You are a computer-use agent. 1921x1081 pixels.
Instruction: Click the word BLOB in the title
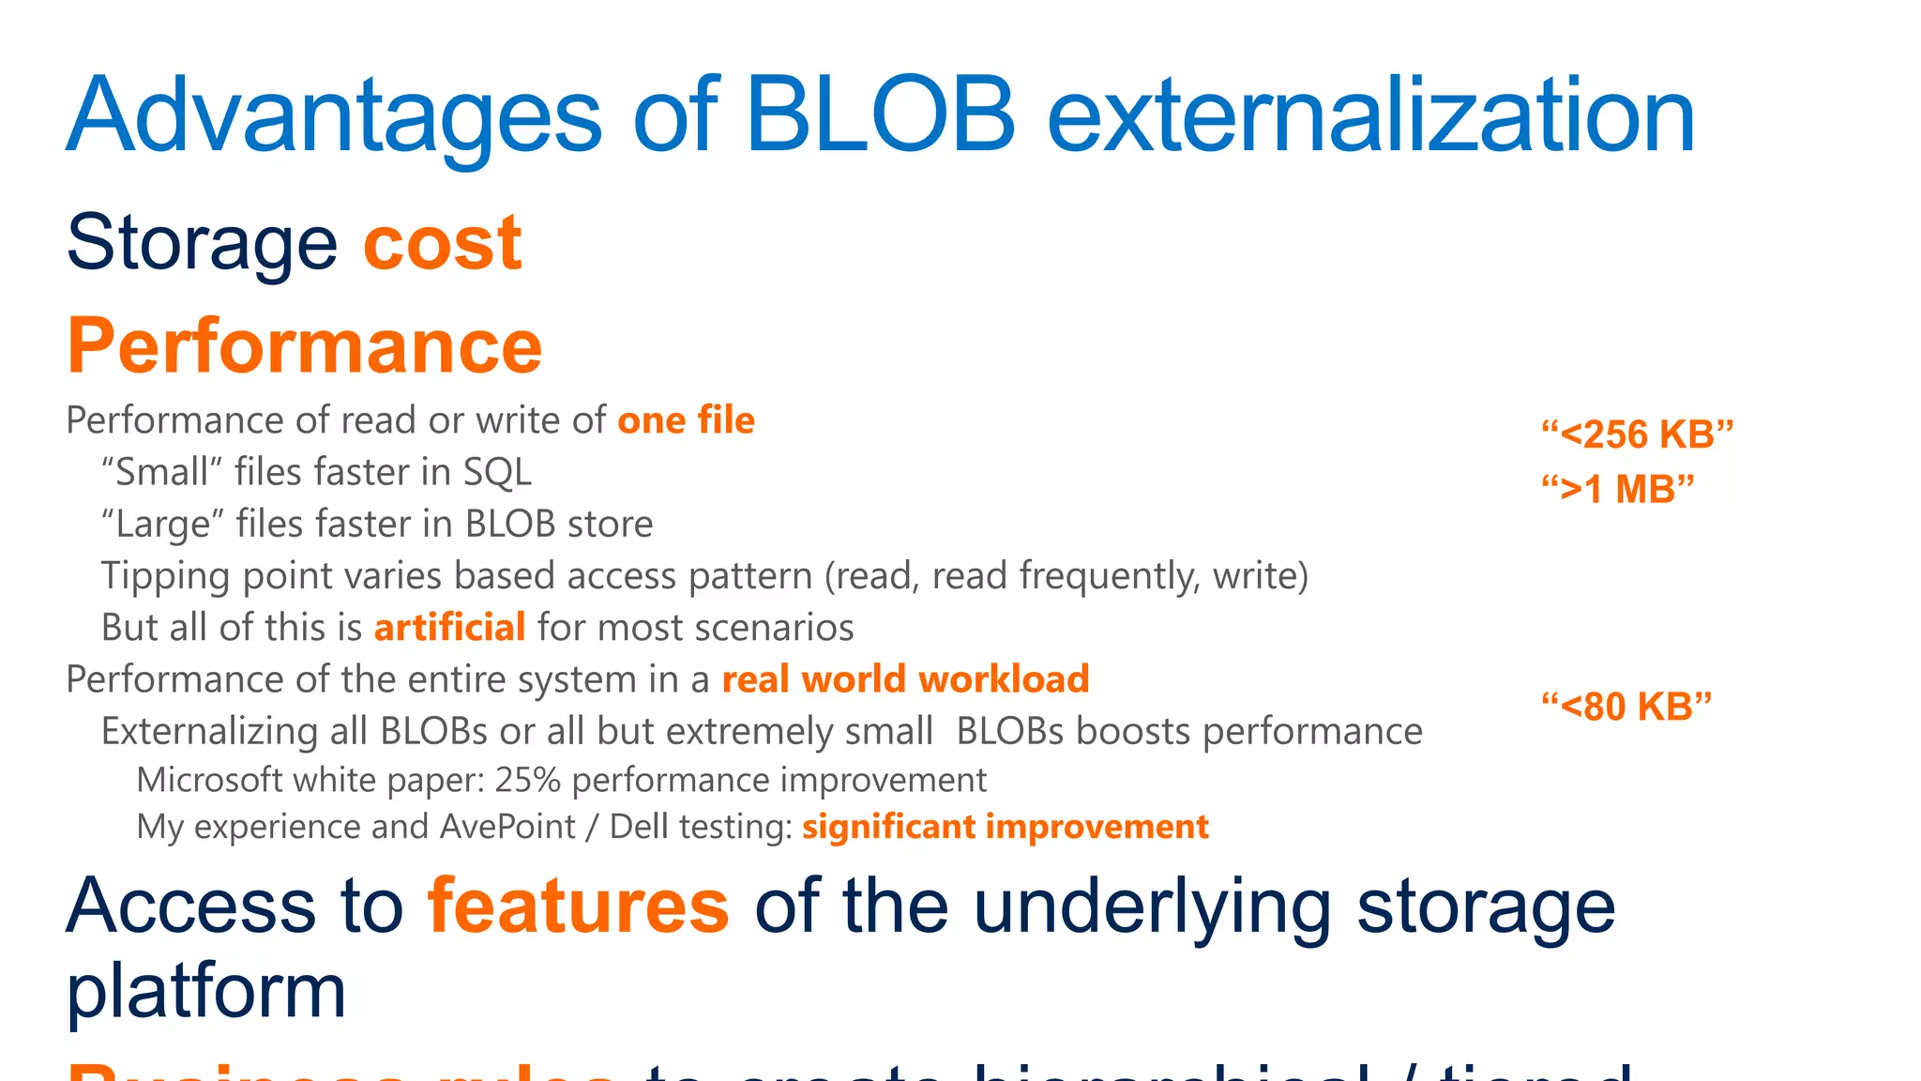(880, 114)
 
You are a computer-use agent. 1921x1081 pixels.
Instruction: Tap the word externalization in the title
(1370, 114)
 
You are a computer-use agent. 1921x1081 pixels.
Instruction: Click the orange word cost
(442, 243)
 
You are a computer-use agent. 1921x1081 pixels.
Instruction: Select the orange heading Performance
(305, 346)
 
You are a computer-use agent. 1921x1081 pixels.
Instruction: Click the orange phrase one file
(686, 420)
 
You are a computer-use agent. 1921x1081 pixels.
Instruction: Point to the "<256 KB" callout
(1637, 434)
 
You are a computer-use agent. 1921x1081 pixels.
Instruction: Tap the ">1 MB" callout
(1618, 489)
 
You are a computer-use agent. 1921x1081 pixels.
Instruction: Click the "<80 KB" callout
(1626, 707)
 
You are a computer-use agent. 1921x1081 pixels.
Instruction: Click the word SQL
(497, 472)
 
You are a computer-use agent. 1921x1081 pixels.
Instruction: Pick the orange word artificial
(449, 627)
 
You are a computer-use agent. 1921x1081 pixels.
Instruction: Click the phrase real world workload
(905, 679)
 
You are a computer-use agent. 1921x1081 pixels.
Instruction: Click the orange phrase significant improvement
(1005, 827)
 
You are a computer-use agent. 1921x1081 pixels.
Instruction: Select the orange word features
(578, 906)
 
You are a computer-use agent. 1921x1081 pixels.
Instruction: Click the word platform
(206, 992)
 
